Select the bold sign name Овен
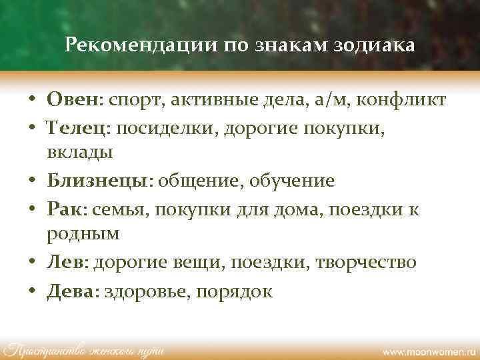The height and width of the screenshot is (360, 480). [72, 100]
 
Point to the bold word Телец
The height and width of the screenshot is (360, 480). [76, 126]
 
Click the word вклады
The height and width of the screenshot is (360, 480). [80, 153]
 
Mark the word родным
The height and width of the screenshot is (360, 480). [83, 235]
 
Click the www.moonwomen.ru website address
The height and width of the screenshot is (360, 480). [427, 350]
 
